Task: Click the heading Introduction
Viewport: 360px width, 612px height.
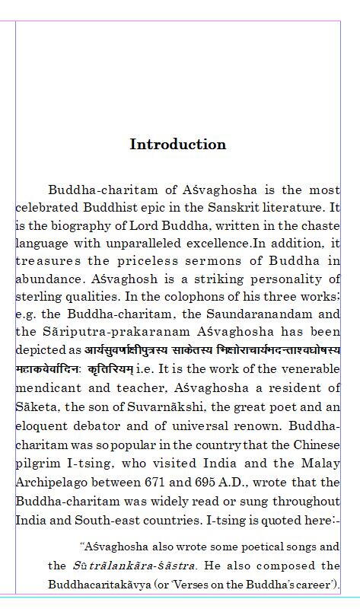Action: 177,145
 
